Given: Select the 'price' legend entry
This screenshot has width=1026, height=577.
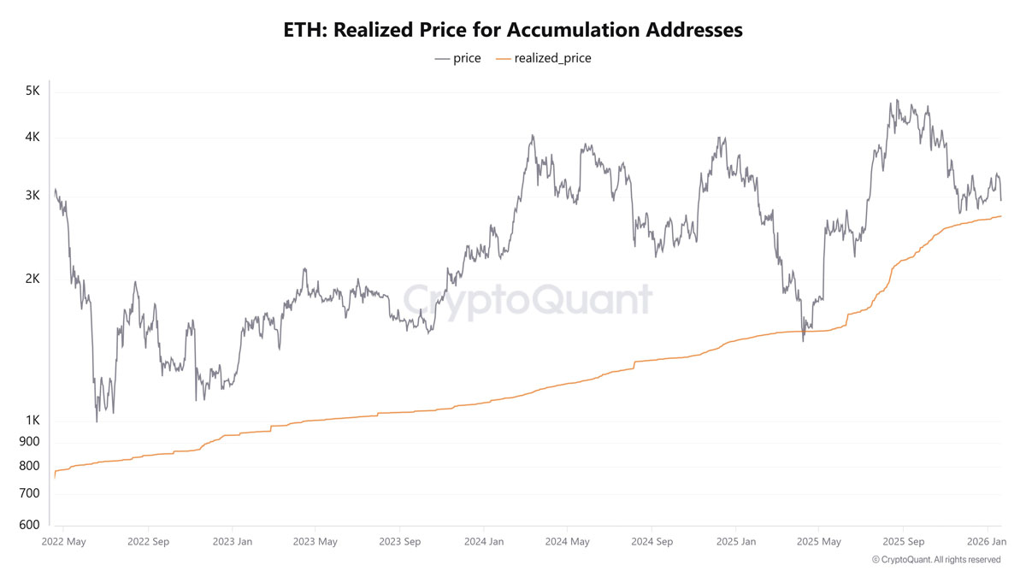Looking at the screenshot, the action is tap(457, 58).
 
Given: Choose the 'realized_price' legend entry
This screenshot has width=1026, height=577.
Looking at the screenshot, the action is tap(544, 58).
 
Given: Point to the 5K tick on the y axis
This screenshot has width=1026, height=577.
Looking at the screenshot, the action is tap(32, 91).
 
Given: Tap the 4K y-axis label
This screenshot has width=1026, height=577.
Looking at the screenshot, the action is tap(32, 137).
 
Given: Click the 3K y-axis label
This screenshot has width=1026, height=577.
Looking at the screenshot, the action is tap(32, 196).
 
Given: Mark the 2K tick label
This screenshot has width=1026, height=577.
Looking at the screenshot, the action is tap(32, 279).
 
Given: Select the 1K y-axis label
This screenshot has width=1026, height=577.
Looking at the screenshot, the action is tap(33, 420).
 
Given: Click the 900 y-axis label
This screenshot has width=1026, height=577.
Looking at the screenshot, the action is tap(29, 441).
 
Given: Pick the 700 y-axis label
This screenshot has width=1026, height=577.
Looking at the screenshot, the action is tap(29, 493).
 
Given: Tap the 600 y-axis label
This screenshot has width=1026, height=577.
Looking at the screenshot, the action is tap(29, 524).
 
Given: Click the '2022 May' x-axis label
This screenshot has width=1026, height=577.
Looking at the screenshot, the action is tap(63, 542).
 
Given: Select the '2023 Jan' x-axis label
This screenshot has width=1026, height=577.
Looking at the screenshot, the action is tap(233, 542).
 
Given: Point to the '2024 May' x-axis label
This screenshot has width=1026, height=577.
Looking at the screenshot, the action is tap(567, 542).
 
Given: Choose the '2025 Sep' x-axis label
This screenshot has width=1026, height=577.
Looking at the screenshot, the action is tap(903, 542).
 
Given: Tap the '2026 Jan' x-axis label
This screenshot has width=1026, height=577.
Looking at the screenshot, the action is tap(987, 542).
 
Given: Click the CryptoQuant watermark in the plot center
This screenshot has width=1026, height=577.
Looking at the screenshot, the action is tap(528, 301).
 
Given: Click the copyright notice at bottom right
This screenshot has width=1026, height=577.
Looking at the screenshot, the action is tap(936, 560).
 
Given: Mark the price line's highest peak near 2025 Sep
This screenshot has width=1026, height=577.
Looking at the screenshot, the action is tap(897, 100).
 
